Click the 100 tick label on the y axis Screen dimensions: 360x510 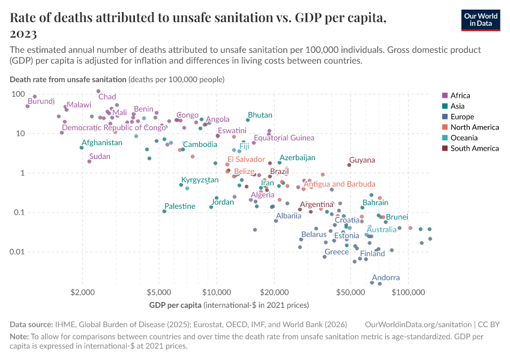[17, 94]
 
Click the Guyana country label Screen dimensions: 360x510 [362, 160]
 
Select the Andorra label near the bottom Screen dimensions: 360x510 [386, 278]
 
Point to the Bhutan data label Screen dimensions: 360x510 [260, 115]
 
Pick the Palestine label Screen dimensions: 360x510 [180, 206]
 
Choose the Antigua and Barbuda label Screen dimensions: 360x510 [340, 184]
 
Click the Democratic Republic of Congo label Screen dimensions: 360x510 [114, 128]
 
